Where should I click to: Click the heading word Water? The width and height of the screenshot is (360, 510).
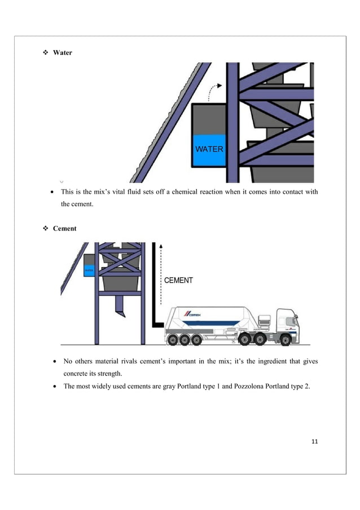point(62,53)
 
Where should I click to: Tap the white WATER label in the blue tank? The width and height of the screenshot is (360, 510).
point(209,150)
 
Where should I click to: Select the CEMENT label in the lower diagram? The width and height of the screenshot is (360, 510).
point(178,280)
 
